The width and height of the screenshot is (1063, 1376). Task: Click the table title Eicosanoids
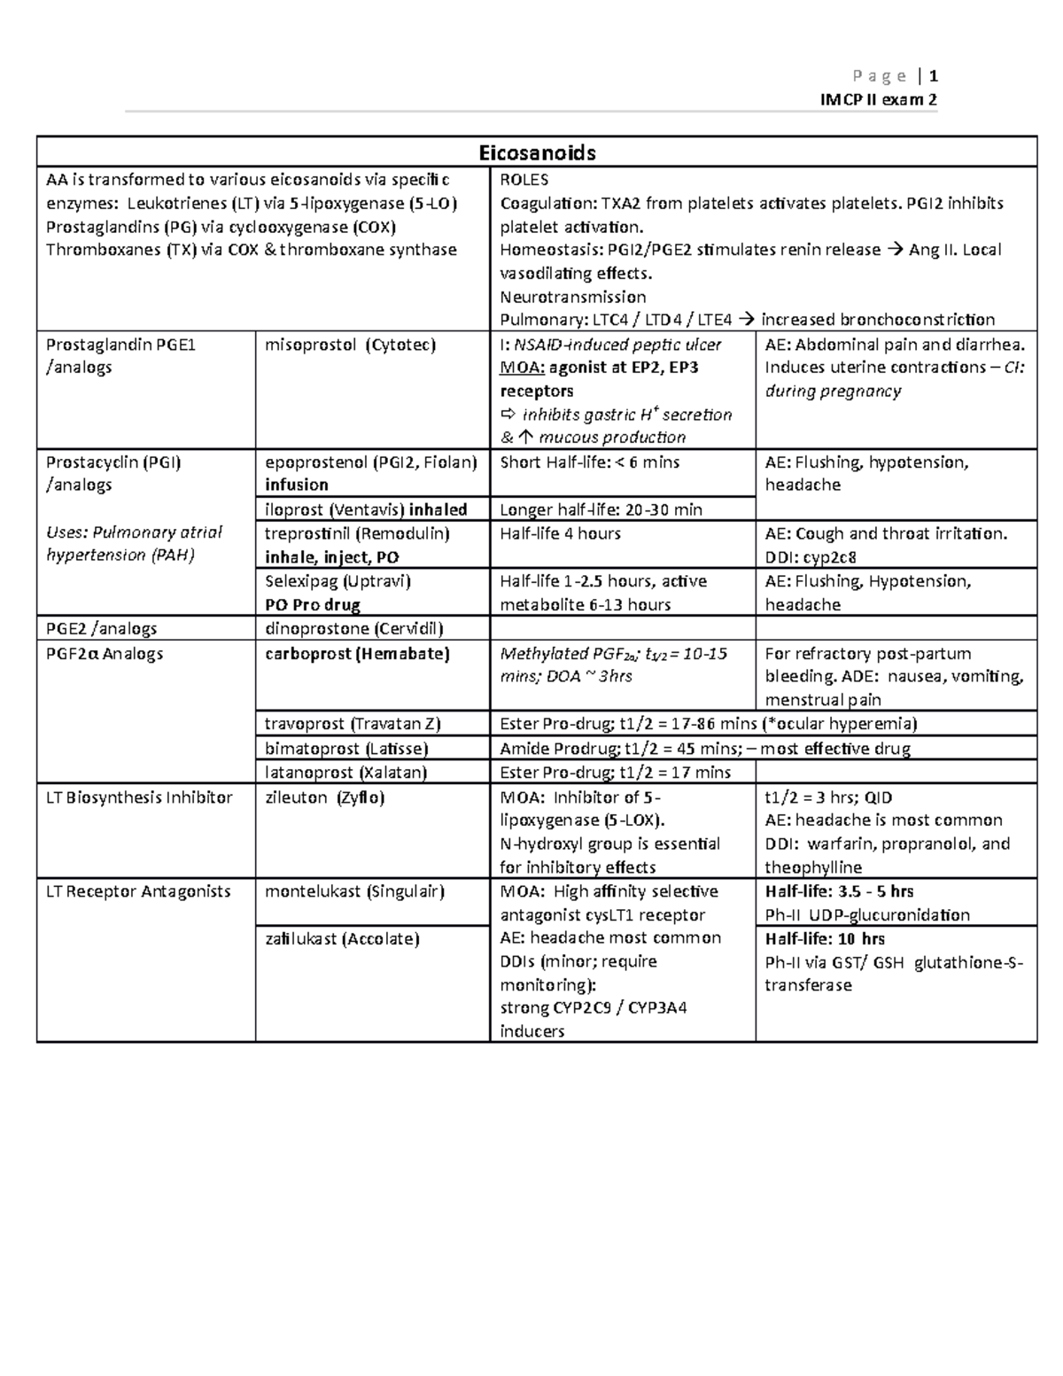pos(537,152)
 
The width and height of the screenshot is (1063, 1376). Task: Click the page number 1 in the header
pos(934,75)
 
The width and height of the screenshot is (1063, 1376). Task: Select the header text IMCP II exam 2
pos(880,99)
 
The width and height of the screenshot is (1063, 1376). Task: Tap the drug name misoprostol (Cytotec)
pos(350,345)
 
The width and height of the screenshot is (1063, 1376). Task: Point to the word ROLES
pos(524,179)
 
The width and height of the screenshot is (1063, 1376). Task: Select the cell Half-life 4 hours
pos(560,533)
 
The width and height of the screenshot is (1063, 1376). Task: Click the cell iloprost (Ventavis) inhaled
pos(366,509)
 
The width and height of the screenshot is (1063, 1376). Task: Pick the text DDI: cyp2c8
pos(811,557)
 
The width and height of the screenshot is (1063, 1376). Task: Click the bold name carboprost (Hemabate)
pos(357,654)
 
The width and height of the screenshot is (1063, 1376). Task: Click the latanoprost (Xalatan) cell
pos(345,773)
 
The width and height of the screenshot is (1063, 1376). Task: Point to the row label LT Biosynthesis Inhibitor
pos(139,797)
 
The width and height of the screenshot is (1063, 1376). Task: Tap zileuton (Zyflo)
pos(324,797)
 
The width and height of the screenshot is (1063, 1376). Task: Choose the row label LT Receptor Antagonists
pos(138,891)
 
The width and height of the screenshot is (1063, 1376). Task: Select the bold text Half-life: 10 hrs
pos(825,938)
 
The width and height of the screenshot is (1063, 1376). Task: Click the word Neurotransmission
pos(572,297)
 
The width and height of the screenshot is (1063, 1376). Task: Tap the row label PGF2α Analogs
pos(105,654)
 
